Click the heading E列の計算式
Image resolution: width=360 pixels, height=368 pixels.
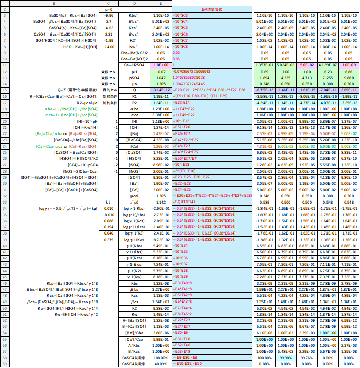tap(212, 9)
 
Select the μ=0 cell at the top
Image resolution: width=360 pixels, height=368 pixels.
tap(108, 9)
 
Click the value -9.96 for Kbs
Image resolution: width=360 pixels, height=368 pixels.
tap(108, 16)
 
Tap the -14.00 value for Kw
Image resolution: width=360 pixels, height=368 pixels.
tap(108, 47)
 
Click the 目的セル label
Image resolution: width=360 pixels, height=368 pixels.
tap(108, 90)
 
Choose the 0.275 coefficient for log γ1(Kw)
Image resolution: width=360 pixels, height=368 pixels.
tap(108, 239)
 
